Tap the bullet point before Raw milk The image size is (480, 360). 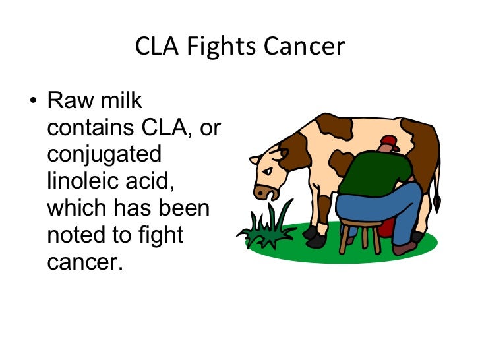click(x=32, y=103)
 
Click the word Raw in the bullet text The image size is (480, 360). click(x=69, y=102)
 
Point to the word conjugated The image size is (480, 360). click(x=104, y=155)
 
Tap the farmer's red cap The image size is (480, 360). click(x=390, y=141)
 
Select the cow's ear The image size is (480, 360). click(x=256, y=160)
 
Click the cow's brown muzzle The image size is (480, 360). click(x=266, y=192)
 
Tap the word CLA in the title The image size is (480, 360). click(x=156, y=47)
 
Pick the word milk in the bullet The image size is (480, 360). click(x=119, y=102)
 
